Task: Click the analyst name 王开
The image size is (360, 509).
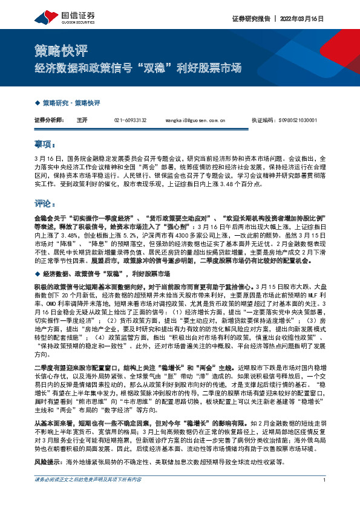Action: click(x=82, y=120)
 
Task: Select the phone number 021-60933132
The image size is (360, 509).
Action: click(x=130, y=120)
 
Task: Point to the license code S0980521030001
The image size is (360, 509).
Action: click(x=299, y=120)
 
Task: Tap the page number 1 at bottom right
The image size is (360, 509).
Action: click(x=325, y=497)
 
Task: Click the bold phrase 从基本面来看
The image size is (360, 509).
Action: click(x=53, y=409)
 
